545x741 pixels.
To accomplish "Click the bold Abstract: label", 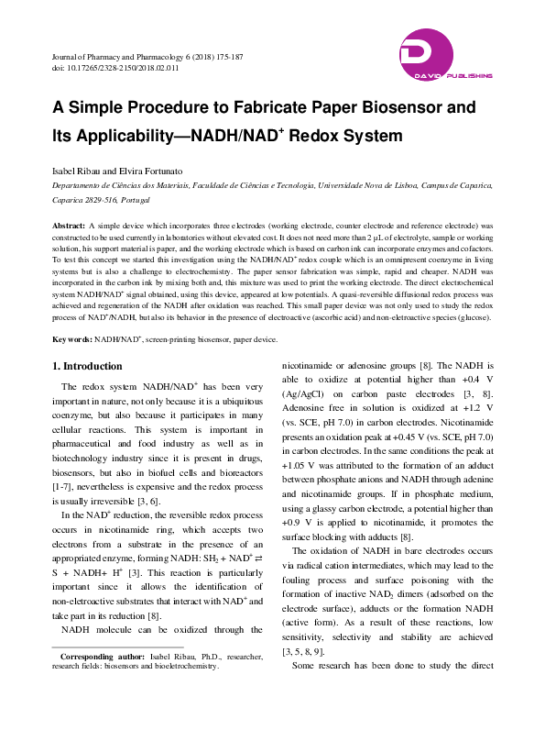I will coord(69,225).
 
